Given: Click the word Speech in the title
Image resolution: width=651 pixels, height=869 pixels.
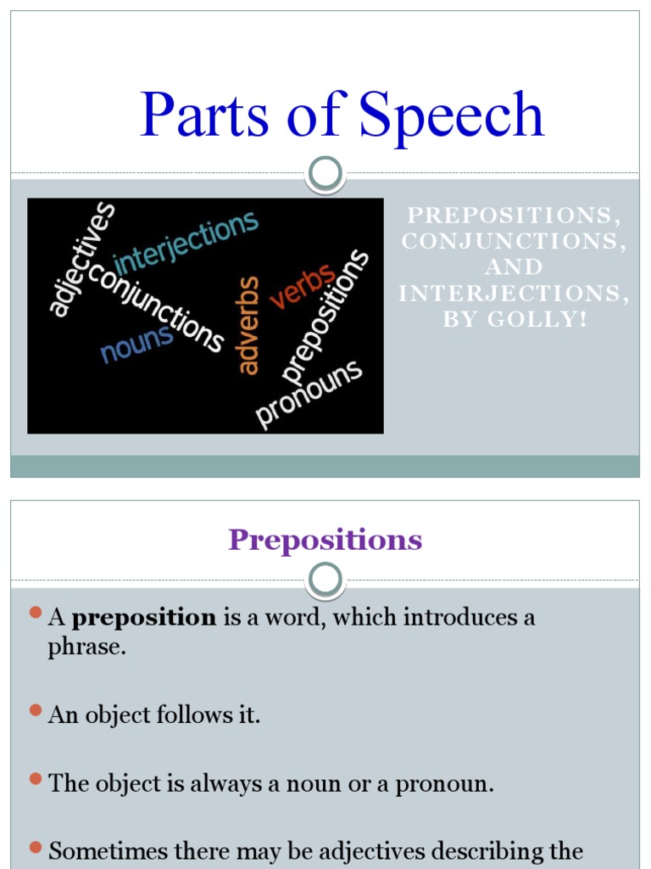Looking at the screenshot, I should coord(451,115).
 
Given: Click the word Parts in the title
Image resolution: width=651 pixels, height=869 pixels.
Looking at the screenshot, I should coord(203,115).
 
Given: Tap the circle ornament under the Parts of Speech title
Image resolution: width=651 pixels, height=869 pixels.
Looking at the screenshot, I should coord(325,175).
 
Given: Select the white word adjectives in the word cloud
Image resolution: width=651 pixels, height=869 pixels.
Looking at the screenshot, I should coord(81,259).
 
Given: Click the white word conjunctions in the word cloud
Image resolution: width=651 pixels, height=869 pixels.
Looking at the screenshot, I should coord(156,307).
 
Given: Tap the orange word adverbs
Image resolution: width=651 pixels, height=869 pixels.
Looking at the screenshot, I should coord(248,325).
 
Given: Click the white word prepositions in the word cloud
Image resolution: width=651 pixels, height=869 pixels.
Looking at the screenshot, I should coord(326,316).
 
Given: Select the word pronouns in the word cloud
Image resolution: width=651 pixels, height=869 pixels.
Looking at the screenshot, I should coord(309,394).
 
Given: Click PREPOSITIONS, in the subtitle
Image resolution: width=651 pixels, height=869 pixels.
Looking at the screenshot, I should coord(515,216).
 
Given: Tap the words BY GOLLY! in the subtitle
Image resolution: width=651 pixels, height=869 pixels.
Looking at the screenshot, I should coord(515,320).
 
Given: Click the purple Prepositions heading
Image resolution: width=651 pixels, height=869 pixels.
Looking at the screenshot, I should coord(325,540).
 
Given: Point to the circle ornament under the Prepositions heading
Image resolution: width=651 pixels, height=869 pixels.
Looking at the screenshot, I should coord(325,580).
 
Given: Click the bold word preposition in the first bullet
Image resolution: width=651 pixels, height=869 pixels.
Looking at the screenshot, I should coord(144,618).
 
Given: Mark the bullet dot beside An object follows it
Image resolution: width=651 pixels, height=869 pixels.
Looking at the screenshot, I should coord(36,709).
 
